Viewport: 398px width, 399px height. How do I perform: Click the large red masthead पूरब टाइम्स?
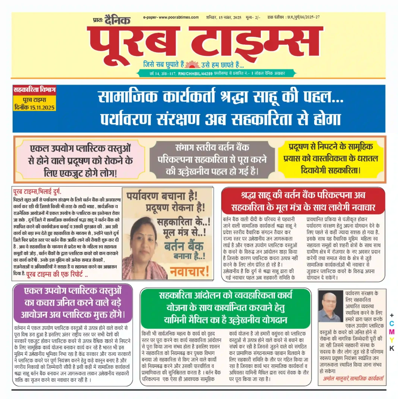(x=205, y=41)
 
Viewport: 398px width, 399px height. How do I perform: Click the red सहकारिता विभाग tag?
(x=34, y=90)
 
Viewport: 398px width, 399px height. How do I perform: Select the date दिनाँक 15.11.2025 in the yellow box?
(x=34, y=108)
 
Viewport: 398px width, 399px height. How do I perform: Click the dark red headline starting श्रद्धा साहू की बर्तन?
(x=302, y=201)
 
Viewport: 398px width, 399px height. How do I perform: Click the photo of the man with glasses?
(x=329, y=307)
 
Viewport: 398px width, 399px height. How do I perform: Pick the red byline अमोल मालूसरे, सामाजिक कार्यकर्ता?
(x=353, y=380)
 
